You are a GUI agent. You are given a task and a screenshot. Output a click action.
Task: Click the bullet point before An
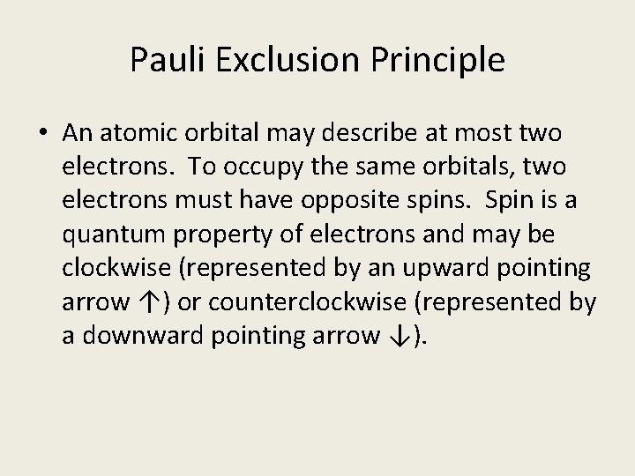click(42, 134)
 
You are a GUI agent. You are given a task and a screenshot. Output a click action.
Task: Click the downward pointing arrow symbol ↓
click(397, 336)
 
